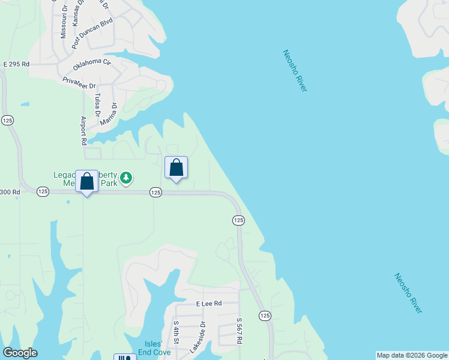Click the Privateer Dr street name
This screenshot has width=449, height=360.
click(x=79, y=82)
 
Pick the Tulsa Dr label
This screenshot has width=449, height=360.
click(x=97, y=105)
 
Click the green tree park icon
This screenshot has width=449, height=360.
click(x=125, y=177)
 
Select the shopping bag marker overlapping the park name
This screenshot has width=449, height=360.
click(x=87, y=181)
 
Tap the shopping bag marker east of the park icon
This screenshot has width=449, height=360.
click(x=176, y=167)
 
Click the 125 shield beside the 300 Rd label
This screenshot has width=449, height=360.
click(x=43, y=191)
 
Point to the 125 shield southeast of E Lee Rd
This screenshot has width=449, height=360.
click(x=264, y=315)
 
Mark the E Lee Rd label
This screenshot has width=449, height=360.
click(x=209, y=304)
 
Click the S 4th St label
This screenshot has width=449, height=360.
click(x=176, y=332)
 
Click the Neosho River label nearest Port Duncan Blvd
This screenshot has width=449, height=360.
click(x=295, y=71)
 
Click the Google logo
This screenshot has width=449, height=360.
click(x=20, y=353)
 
